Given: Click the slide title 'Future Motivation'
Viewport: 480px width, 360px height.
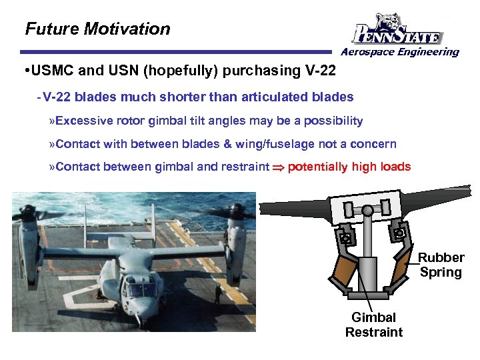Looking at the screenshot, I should click(x=97, y=29).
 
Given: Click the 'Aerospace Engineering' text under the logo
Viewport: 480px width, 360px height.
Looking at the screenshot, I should click(x=400, y=52).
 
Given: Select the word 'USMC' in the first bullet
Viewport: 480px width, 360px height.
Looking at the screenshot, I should click(x=49, y=71).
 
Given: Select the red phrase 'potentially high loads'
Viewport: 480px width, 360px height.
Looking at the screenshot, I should click(x=349, y=167).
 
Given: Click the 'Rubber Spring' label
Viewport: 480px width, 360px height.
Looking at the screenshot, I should click(x=441, y=265).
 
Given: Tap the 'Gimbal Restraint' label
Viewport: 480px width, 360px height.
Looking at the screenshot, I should click(x=373, y=325).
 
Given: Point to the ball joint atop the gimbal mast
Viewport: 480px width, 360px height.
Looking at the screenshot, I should click(x=367, y=210).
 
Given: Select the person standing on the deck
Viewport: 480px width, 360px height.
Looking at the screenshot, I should click(x=217, y=293).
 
